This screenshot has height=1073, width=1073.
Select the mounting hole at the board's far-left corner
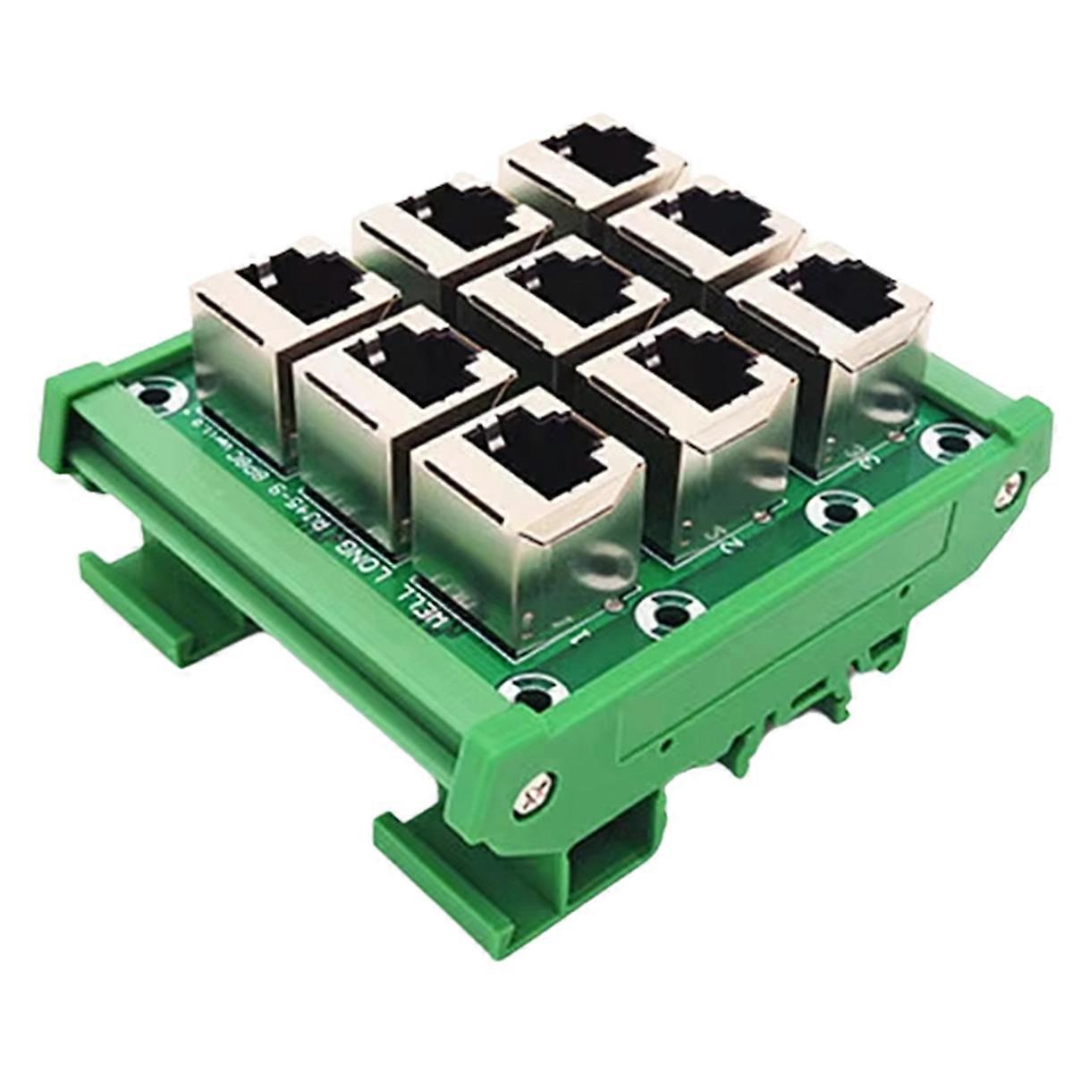point(154,394)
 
